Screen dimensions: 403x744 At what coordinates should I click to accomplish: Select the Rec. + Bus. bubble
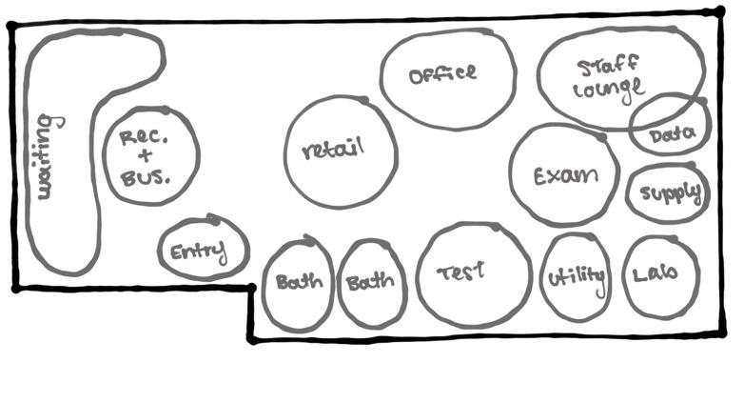pyautogui.click(x=150, y=155)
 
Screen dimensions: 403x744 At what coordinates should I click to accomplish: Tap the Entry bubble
pyautogui.click(x=202, y=250)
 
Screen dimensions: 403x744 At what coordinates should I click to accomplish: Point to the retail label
pyautogui.click(x=333, y=151)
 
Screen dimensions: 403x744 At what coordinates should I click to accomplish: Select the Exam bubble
pyautogui.click(x=564, y=174)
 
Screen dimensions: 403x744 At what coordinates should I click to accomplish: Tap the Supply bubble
pyautogui.click(x=669, y=193)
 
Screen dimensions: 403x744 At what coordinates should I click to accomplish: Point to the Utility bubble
pyautogui.click(x=576, y=276)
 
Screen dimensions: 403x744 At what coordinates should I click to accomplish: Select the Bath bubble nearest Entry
pyautogui.click(x=298, y=283)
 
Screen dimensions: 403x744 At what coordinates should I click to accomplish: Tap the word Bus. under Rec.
pyautogui.click(x=146, y=176)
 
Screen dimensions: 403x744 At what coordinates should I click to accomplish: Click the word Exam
pyautogui.click(x=564, y=175)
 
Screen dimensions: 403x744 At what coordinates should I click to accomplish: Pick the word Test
pyautogui.click(x=460, y=272)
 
